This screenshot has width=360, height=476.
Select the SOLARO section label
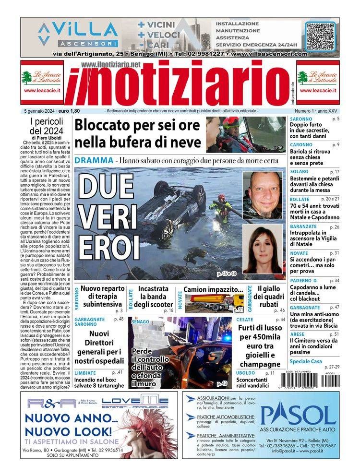[x=299, y=172]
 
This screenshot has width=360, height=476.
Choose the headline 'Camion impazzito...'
[x=213, y=290]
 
